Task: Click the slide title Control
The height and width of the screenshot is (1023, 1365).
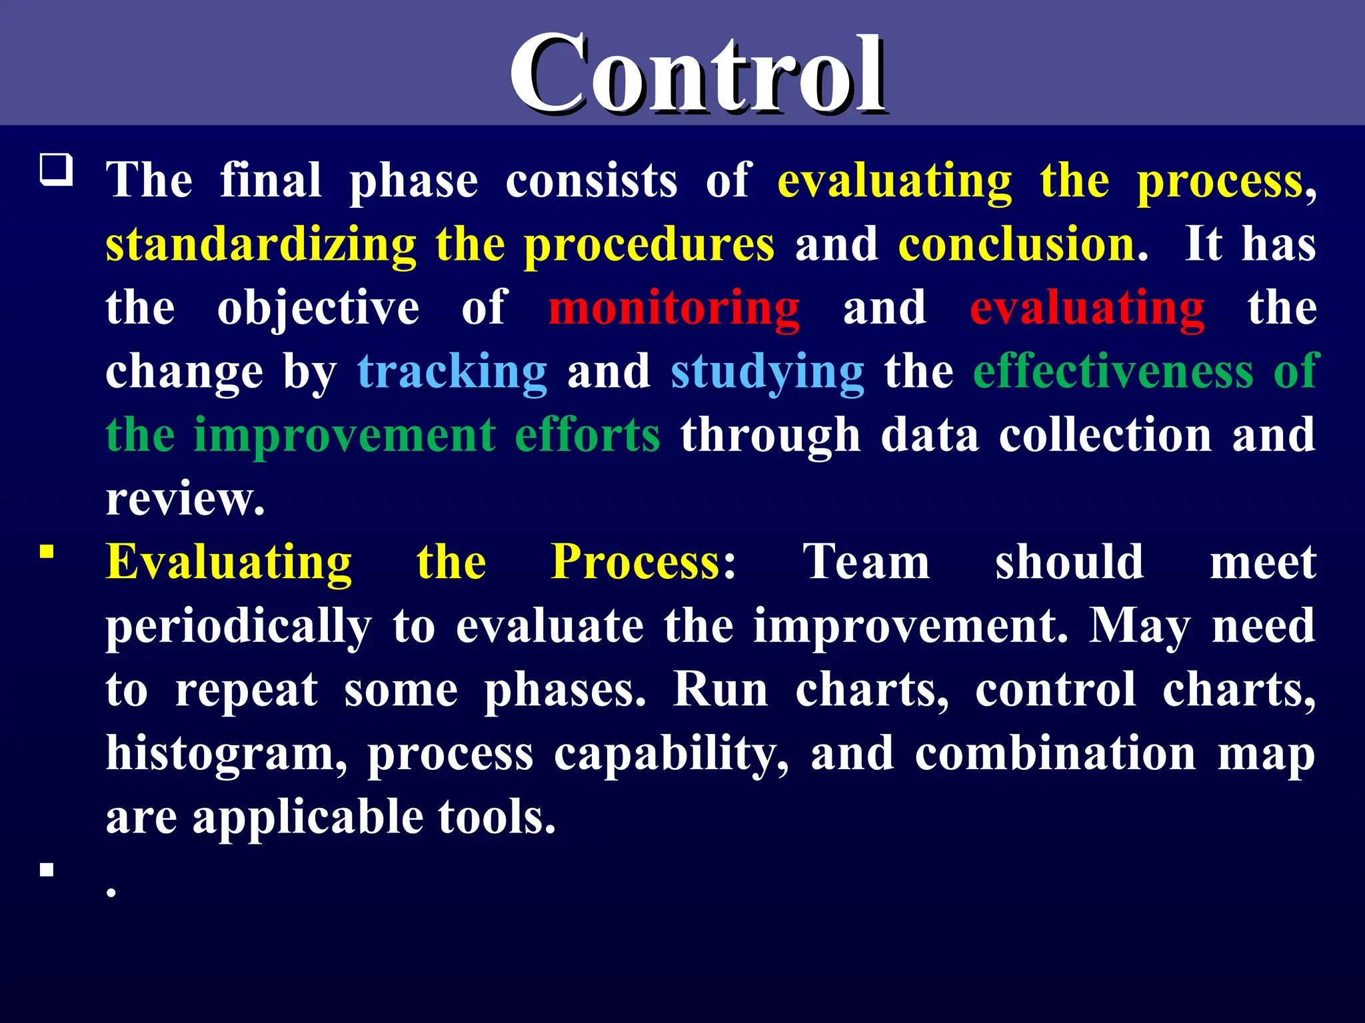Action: pos(697,75)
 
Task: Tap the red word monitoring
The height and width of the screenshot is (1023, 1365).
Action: pos(673,308)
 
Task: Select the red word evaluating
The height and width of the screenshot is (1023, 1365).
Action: pos(1086,308)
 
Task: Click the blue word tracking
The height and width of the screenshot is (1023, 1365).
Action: pos(452,372)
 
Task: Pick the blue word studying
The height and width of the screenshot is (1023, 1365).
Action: pos(767,372)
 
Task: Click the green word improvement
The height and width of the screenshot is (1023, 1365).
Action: pos(344,435)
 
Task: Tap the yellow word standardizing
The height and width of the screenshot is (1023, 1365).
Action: pos(261,244)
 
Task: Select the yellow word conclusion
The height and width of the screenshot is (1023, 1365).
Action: pos(1017,244)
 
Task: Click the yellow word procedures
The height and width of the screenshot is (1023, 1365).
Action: pos(649,244)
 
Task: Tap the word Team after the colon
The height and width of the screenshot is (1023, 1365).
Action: pos(866,562)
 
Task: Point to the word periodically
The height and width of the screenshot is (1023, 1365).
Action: pos(239,627)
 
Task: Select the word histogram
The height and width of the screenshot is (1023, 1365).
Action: pos(226,754)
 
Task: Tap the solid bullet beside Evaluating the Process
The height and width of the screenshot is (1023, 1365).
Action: pos(47,551)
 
